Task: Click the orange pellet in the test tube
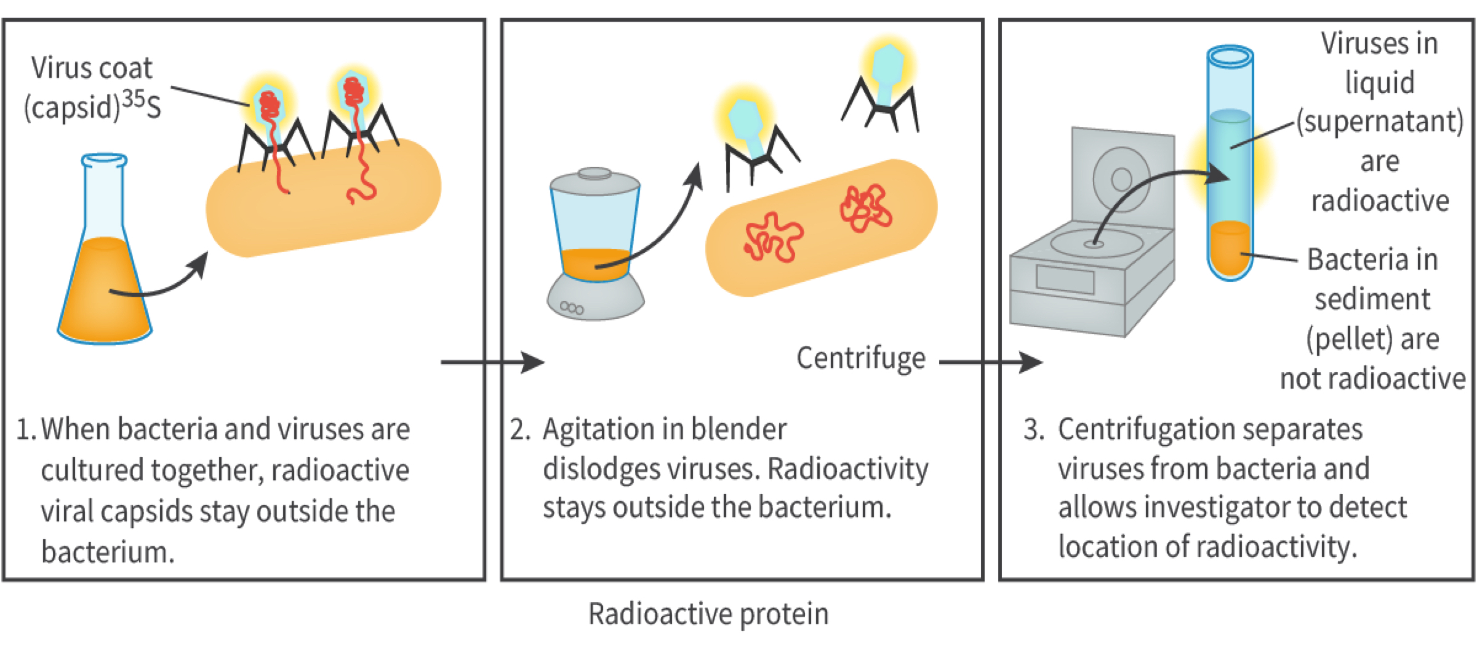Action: (x=1230, y=248)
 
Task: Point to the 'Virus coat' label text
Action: (x=92, y=68)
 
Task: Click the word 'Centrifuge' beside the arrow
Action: (x=861, y=358)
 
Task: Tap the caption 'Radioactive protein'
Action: (x=708, y=614)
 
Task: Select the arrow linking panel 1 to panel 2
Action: (x=492, y=362)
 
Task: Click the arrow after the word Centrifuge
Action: (x=991, y=362)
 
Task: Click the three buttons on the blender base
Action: (x=572, y=307)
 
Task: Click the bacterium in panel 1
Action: (x=323, y=197)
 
